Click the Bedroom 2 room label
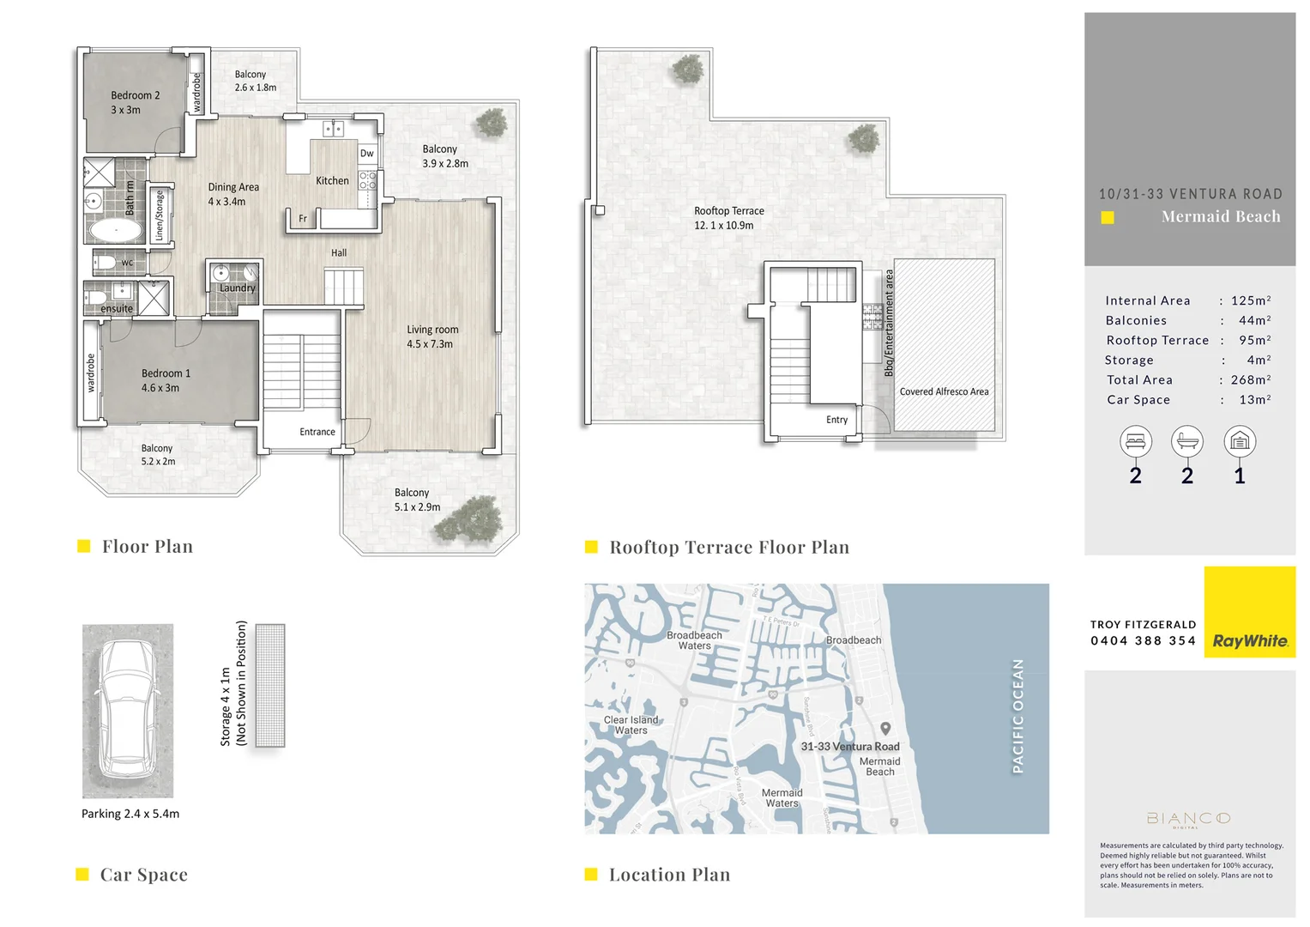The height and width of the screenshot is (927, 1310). tap(135, 102)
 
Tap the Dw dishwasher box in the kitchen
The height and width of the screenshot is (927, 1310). tap(367, 154)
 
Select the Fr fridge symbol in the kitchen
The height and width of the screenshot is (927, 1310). tap(302, 219)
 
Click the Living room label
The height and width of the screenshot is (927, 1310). tap(432, 336)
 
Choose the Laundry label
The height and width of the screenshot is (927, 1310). tap(237, 288)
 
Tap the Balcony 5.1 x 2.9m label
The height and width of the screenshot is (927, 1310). tap(417, 500)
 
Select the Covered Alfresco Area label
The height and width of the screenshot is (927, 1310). tap(944, 391)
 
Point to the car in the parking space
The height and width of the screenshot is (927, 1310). tap(127, 710)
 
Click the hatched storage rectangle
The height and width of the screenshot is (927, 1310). tap(270, 685)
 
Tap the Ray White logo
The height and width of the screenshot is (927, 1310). tap(1249, 640)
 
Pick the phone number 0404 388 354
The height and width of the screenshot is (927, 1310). tap(1143, 641)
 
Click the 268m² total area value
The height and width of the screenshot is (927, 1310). tap(1251, 379)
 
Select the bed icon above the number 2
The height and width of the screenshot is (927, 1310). tap(1135, 441)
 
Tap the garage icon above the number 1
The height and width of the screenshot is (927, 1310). tap(1239, 441)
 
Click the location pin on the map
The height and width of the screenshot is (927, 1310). tap(885, 729)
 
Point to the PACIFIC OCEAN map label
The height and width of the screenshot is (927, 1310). tap(1017, 716)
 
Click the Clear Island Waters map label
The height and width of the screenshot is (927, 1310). tap(631, 725)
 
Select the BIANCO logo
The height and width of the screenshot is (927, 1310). tap(1188, 819)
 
